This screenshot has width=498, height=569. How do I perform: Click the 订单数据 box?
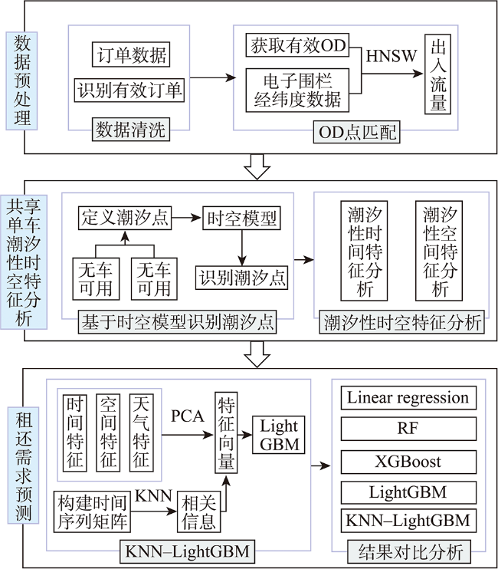click(x=131, y=54)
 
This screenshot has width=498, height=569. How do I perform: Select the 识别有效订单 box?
click(x=129, y=90)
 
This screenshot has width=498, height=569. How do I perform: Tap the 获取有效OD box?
click(x=297, y=45)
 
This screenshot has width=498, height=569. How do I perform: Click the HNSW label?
click(x=391, y=56)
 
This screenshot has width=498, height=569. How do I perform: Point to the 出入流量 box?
click(x=437, y=74)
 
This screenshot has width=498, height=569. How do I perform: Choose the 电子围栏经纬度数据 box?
click(x=297, y=90)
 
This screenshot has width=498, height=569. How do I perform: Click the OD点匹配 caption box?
click(x=357, y=132)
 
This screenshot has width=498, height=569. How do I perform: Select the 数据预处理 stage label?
click(x=21, y=81)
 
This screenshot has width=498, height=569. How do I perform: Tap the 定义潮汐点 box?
click(x=125, y=218)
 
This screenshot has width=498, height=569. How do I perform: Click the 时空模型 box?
click(x=241, y=218)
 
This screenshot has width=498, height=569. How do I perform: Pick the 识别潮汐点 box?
click(x=242, y=278)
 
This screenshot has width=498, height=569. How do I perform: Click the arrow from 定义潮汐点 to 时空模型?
click(x=187, y=218)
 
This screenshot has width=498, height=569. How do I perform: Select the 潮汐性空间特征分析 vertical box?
click(x=439, y=251)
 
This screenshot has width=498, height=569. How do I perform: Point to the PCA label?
click(x=188, y=416)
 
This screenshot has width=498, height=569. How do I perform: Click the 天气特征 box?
click(x=141, y=433)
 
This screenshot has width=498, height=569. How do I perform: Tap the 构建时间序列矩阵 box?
click(x=92, y=511)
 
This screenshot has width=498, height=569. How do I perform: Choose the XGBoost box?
click(x=408, y=462)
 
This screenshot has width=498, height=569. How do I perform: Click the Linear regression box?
click(x=408, y=398)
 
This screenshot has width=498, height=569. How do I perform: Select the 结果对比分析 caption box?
click(x=409, y=551)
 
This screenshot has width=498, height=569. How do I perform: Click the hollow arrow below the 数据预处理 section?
click(x=257, y=167)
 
